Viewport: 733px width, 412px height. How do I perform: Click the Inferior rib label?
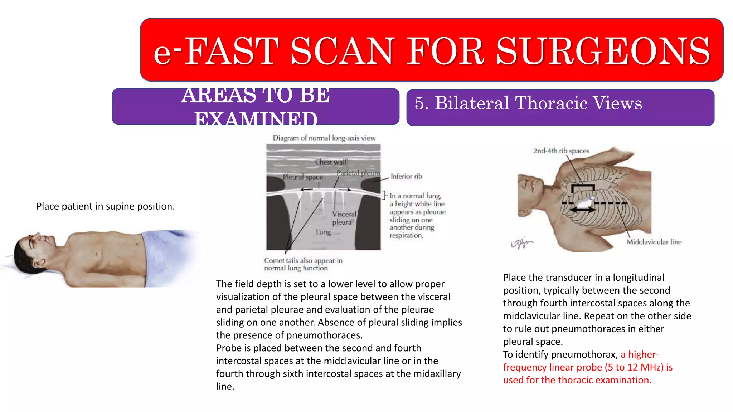coord(406,176)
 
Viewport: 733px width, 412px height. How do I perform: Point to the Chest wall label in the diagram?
coord(330,162)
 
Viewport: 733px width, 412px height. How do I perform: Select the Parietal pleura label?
coord(358,173)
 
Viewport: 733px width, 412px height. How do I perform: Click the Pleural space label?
coord(303,177)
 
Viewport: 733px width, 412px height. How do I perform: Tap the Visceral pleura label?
coord(344,218)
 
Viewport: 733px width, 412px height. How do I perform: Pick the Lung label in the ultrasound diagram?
coord(323,232)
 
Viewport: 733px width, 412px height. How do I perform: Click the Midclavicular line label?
coord(654,242)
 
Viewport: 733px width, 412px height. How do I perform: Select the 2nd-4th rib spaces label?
coord(561,151)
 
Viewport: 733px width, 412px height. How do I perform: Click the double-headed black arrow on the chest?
coord(583,210)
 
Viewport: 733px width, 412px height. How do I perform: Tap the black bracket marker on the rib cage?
coord(583,187)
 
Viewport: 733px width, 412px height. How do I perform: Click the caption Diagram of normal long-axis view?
coord(324,138)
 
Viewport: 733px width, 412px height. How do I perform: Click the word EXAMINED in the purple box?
coord(256,119)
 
